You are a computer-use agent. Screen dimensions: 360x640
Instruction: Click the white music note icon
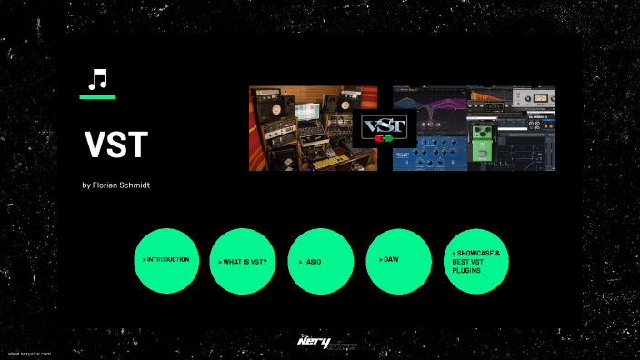96,80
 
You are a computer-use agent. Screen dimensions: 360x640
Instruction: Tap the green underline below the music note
97,96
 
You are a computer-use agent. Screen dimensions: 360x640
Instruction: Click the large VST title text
115,145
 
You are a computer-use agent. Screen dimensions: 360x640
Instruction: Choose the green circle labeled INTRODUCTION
165,260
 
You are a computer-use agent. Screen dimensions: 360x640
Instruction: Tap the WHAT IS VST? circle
243,260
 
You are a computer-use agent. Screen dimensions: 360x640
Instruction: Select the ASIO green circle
321,260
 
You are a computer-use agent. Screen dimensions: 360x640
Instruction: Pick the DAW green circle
398,260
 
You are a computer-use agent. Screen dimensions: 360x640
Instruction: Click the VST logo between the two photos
385,125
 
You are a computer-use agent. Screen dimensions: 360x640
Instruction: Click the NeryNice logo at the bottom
326,343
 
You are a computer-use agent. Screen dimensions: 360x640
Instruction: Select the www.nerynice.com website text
29,353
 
